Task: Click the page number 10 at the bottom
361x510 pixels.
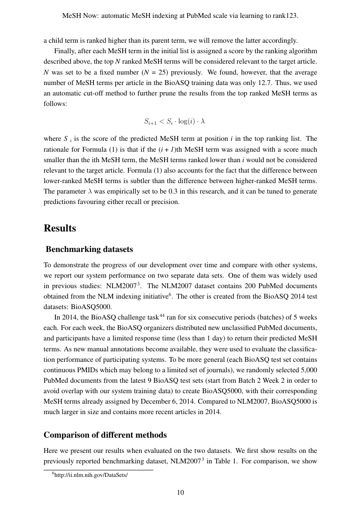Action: pyautogui.click(x=180, y=493)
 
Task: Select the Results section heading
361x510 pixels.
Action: pyautogui.click(x=60, y=228)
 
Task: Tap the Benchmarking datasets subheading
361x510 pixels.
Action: pyautogui.click(x=89, y=250)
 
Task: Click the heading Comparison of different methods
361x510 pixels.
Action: pyautogui.click(x=105, y=435)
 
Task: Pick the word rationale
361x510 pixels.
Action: pyautogui.click(x=57, y=150)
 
